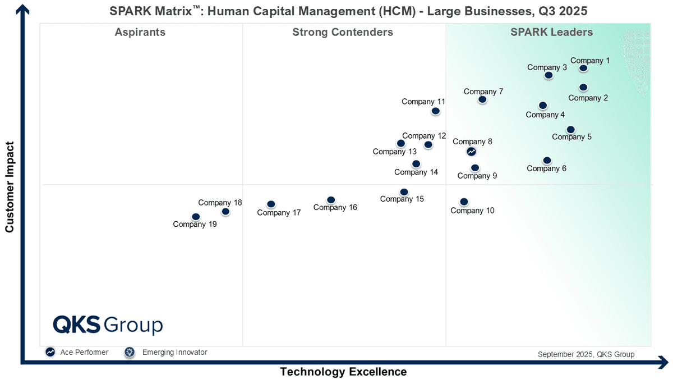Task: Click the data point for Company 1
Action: coord(583,68)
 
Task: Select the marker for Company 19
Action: coord(196,217)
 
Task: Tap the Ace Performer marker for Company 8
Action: coord(472,152)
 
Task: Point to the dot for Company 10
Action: coord(464,202)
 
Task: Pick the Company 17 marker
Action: coord(271,204)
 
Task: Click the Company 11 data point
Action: coord(435,111)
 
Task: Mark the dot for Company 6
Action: coord(547,161)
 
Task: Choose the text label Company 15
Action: coord(402,199)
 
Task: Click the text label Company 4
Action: coord(545,115)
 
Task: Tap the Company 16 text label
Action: coord(335,208)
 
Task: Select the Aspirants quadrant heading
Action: coord(140,33)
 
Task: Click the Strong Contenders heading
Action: coord(343,33)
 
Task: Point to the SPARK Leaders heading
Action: coord(551,33)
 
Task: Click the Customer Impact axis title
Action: coord(10,187)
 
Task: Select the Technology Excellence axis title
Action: coord(343,372)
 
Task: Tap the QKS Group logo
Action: coord(108,325)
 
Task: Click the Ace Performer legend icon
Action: coord(50,352)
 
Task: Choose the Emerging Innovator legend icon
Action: coord(130,352)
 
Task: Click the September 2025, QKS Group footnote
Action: coord(586,354)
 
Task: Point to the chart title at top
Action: coord(348,11)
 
